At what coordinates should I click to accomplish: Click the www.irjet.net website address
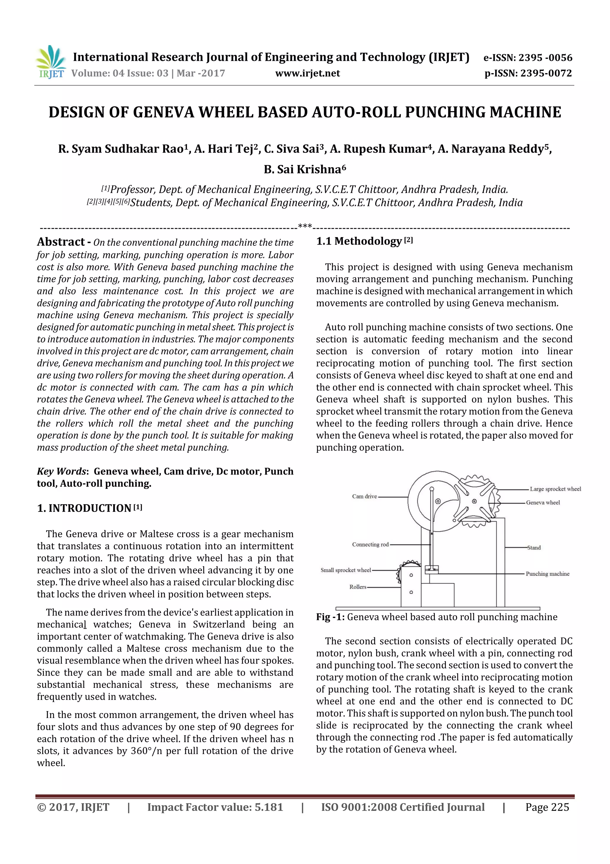307,73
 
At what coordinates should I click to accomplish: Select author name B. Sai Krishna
304,170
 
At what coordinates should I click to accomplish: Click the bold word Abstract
61,242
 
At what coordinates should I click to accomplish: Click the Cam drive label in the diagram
364,496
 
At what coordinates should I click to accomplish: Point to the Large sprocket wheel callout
555,489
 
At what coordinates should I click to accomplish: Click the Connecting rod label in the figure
370,545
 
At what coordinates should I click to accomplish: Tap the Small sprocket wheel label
346,570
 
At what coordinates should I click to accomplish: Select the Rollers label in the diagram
358,587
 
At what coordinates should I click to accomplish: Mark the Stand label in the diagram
534,548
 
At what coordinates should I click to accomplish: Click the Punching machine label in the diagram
547,574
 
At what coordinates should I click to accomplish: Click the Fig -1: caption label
330,617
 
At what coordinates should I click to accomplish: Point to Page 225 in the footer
547,807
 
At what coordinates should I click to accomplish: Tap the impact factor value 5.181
268,807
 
